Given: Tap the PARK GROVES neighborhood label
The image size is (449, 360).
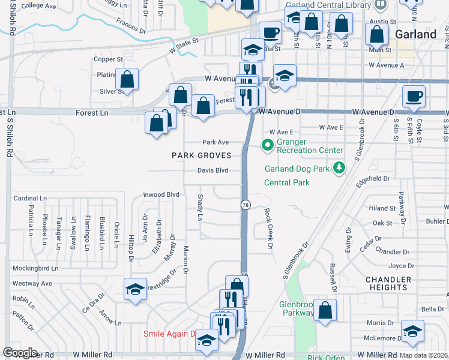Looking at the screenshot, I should [202, 155].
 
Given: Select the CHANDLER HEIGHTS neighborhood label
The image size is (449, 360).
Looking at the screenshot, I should [388, 283].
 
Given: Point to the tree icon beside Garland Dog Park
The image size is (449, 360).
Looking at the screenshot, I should [339, 168].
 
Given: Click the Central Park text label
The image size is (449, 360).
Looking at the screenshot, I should [287, 182].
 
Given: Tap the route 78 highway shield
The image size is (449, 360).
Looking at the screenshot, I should [245, 205].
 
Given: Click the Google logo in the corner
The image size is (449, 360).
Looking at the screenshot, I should [19, 353].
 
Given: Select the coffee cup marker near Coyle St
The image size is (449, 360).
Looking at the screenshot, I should [414, 97].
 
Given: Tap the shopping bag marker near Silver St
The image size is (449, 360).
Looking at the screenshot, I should [127, 79].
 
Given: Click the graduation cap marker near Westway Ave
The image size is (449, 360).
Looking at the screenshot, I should [135, 290].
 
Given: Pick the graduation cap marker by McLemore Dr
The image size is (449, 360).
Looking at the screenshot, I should [412, 331].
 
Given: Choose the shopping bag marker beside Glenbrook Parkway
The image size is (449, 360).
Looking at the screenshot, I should [325, 310].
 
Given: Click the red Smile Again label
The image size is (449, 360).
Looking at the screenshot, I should [169, 334].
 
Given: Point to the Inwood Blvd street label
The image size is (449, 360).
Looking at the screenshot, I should [161, 194].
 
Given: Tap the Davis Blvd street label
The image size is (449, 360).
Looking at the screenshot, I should [213, 170].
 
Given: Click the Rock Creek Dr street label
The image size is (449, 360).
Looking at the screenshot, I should [268, 229].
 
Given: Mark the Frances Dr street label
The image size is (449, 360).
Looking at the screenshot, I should [131, 28].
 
